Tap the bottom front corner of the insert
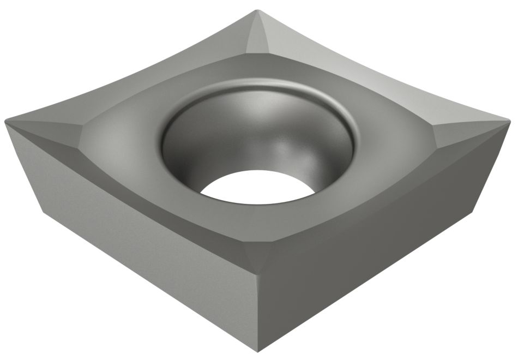click(261, 352)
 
